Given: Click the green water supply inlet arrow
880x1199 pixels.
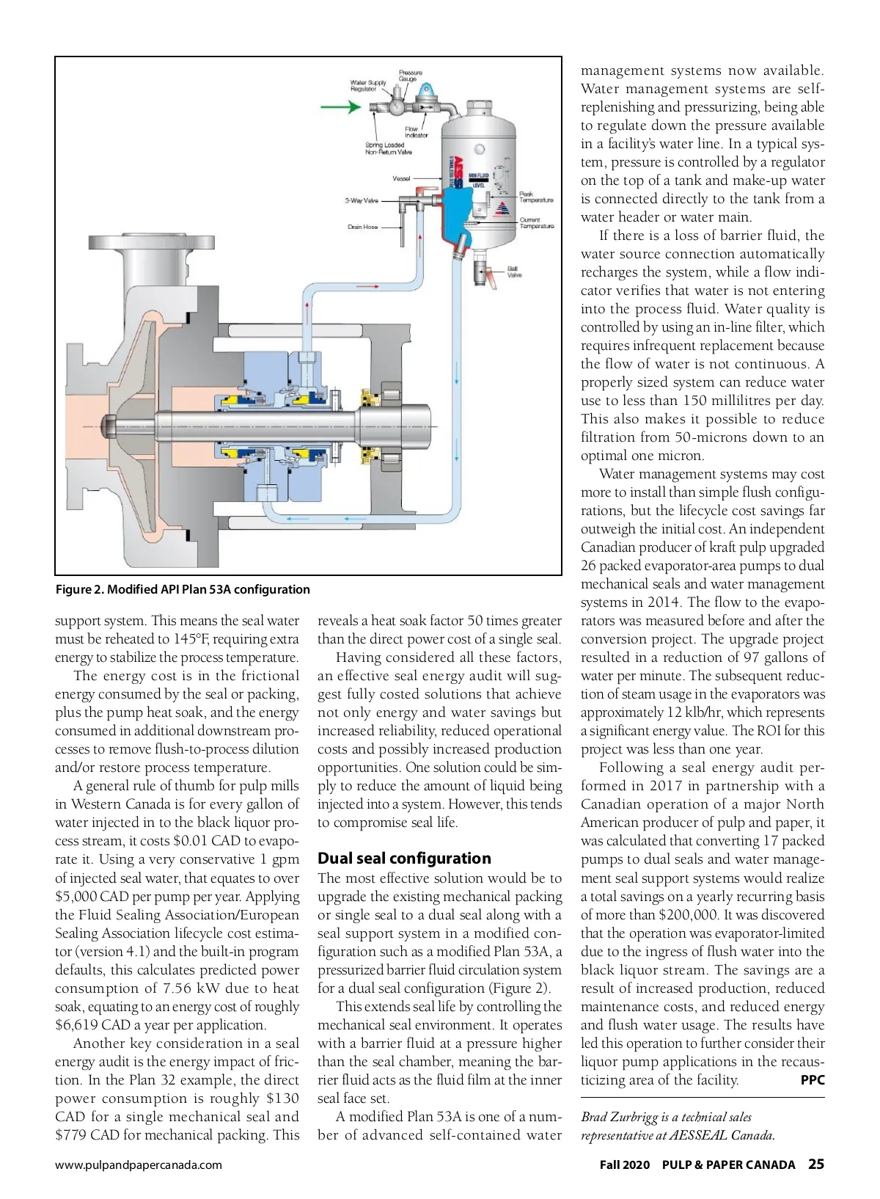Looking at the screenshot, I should click(340, 107).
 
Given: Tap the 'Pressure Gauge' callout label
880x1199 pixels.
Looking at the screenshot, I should click(410, 76).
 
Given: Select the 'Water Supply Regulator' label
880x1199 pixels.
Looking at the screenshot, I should click(368, 86).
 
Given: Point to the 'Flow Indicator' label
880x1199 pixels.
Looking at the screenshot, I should click(416, 132).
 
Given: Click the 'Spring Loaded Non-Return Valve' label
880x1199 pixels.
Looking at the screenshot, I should click(388, 148).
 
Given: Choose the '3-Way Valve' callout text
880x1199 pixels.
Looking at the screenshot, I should click(362, 200).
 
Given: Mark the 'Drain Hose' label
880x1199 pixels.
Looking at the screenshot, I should click(362, 227).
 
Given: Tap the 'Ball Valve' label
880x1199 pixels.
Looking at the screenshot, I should click(514, 271).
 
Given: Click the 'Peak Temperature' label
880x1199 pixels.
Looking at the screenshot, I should click(536, 197).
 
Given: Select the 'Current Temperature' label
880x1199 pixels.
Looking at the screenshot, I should click(536, 223).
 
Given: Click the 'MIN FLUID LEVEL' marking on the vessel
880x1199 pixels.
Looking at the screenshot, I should click(478, 180).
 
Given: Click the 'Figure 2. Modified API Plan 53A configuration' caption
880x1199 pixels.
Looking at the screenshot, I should click(183, 589).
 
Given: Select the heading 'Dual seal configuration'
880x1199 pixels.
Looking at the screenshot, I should click(404, 859).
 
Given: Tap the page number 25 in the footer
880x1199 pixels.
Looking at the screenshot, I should click(815, 1165).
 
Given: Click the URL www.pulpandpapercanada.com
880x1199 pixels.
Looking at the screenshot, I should click(139, 1165).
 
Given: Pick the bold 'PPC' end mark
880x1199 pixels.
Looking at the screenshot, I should click(812, 1080).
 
